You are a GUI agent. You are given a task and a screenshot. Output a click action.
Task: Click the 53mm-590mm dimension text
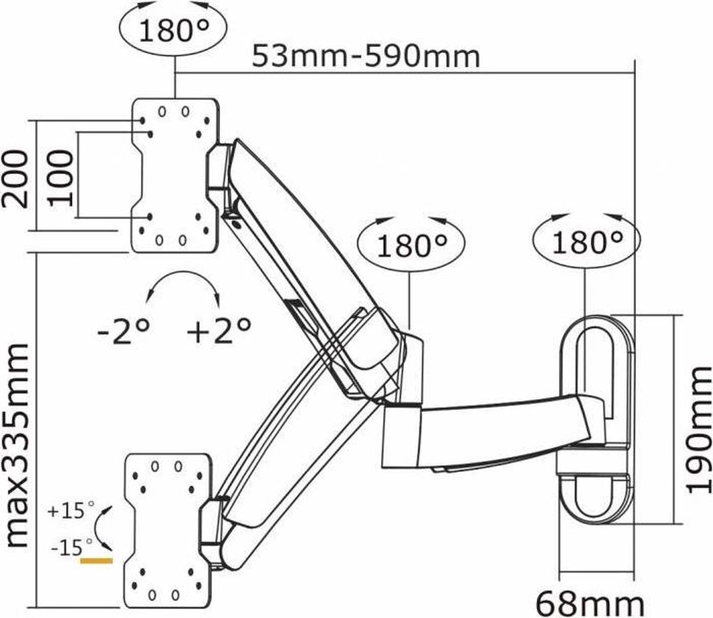[x=365, y=58]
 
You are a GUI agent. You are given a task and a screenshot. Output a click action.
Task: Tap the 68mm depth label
[x=589, y=604]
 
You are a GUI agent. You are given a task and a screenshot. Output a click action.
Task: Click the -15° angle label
[x=72, y=546]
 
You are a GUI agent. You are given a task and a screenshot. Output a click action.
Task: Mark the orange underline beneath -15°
[x=97, y=560]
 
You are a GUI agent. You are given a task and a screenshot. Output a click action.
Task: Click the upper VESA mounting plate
[x=175, y=175]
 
